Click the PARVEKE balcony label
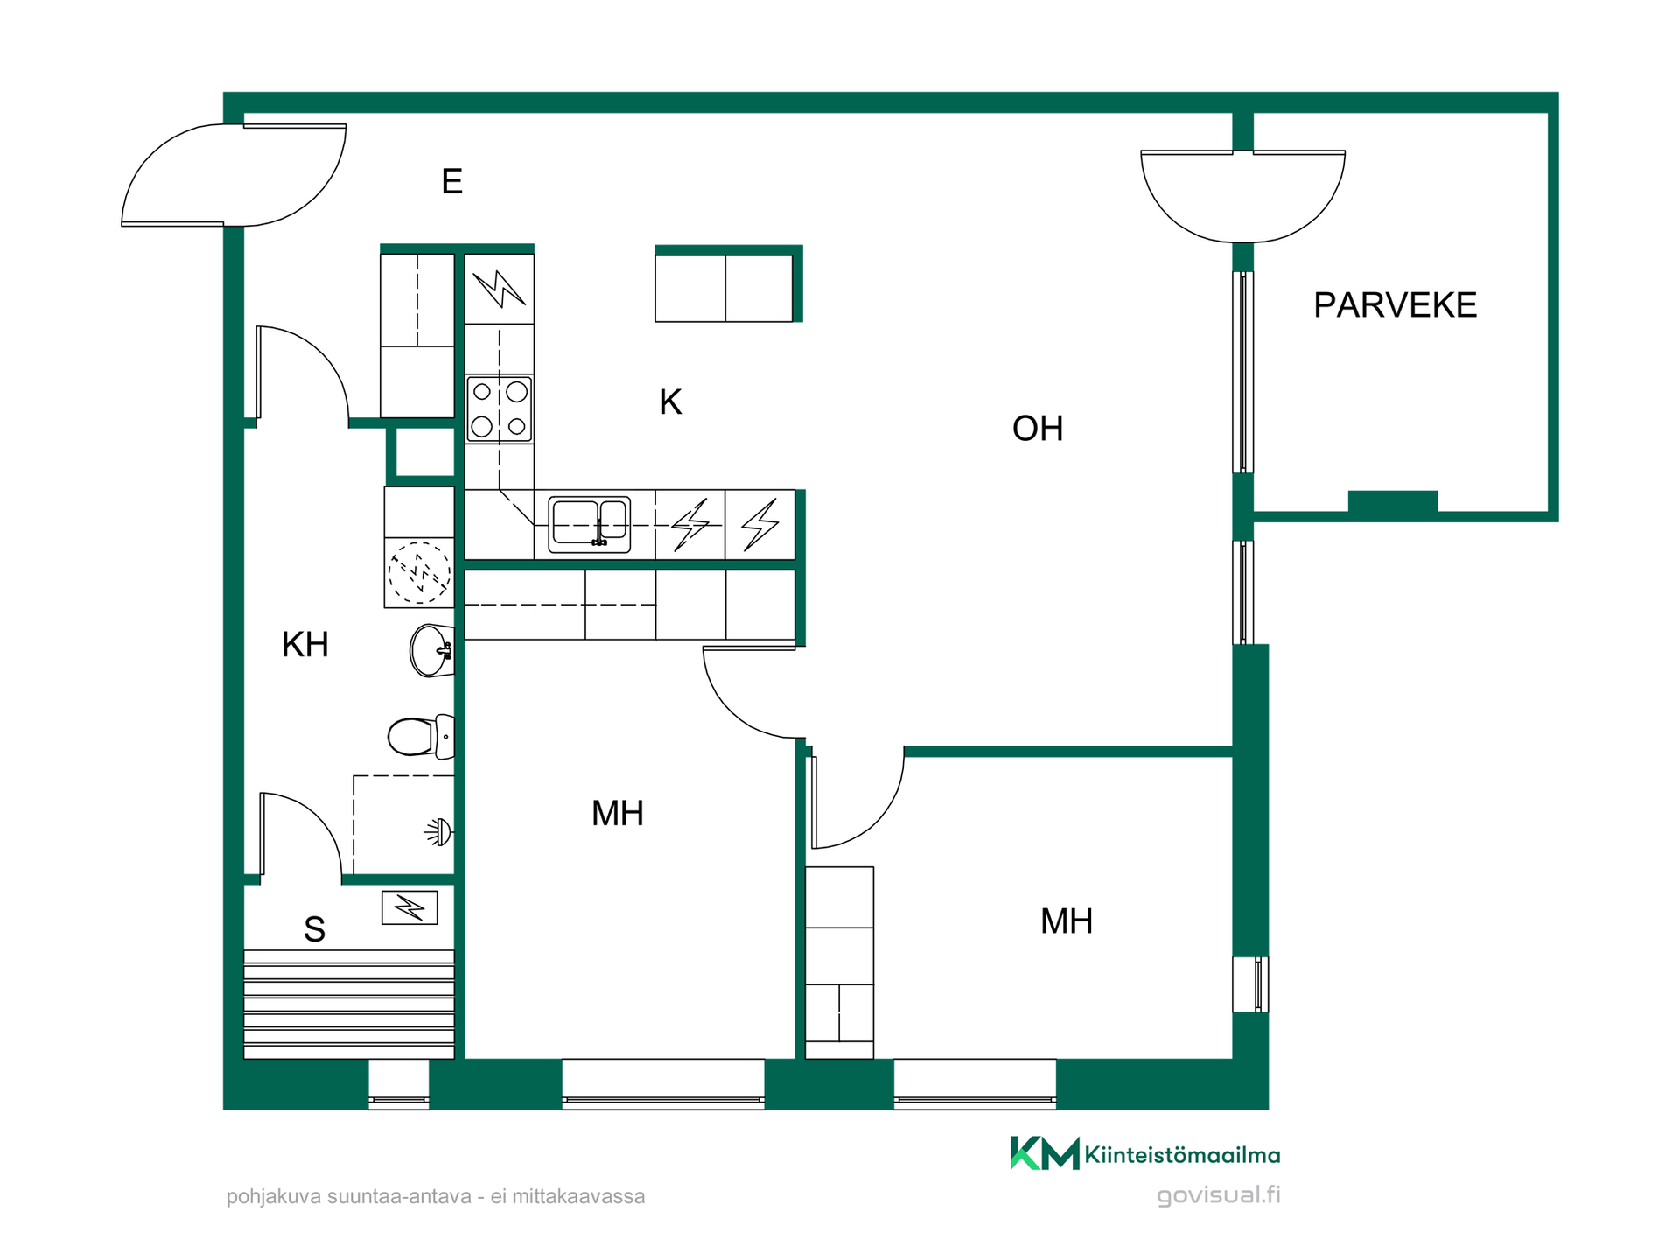[x=1395, y=305]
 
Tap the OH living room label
[x=1038, y=429]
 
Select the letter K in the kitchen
[x=670, y=402]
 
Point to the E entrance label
[x=451, y=181]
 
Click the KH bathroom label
[x=305, y=645]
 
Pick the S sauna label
[x=314, y=929]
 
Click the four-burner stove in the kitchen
[x=500, y=409]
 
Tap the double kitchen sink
[x=589, y=525]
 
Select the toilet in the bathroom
[x=421, y=736]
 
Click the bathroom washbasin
[x=432, y=650]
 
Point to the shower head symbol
[x=440, y=831]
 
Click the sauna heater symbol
[x=409, y=908]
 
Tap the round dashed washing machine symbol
[x=420, y=573]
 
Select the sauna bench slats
[x=349, y=1004]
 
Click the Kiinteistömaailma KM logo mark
[x=1045, y=1153]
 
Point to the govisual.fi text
[x=1219, y=1195]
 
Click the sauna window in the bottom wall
[x=399, y=1085]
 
